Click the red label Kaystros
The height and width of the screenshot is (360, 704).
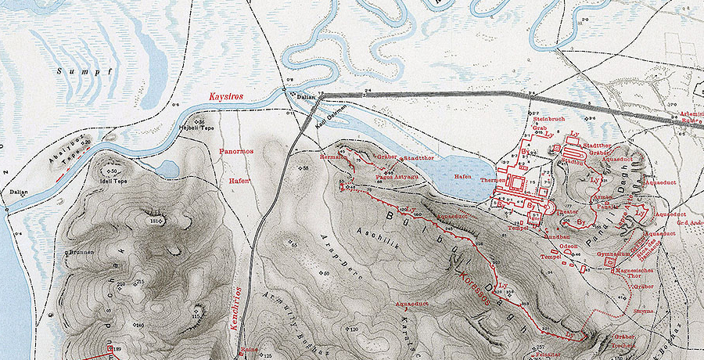click(226, 96)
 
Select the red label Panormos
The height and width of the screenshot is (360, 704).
click(236, 150)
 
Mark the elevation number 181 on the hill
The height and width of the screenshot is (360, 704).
click(154, 222)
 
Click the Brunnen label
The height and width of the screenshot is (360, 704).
click(81, 254)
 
